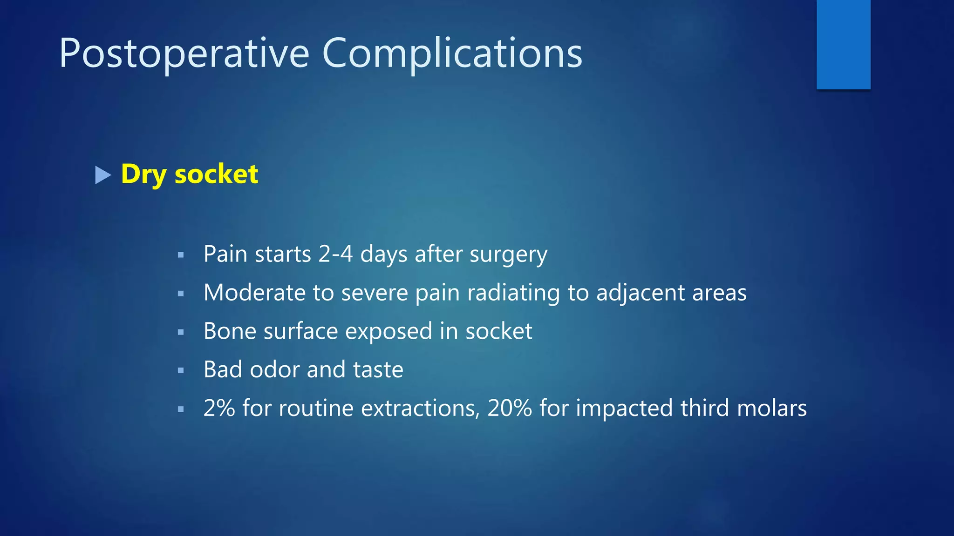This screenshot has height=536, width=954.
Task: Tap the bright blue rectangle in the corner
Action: (843, 44)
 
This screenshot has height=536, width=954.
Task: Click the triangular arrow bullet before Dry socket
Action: (102, 175)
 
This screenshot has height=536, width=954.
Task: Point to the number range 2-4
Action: (335, 254)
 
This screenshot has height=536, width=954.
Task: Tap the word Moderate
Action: (254, 293)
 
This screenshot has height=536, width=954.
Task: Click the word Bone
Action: (229, 331)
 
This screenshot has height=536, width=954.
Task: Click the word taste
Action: (378, 370)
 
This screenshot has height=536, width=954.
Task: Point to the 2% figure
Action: (219, 408)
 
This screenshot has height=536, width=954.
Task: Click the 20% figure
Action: (510, 408)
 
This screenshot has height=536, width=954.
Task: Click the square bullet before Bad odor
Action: (181, 371)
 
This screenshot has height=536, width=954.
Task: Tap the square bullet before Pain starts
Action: (181, 255)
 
